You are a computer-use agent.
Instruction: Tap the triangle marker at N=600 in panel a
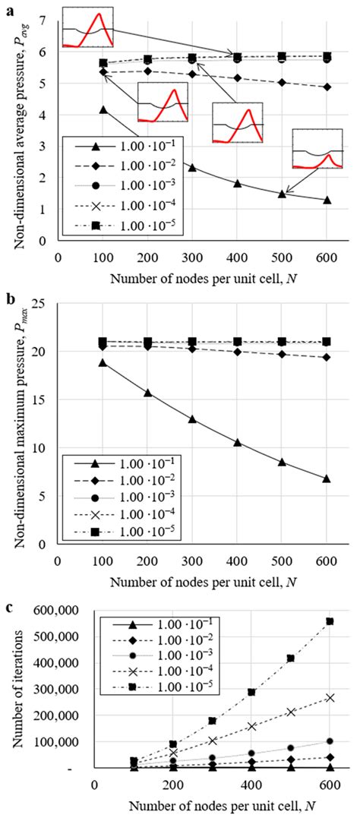pyautogui.click(x=327, y=200)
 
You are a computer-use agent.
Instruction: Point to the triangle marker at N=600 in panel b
pyautogui.click(x=327, y=478)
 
